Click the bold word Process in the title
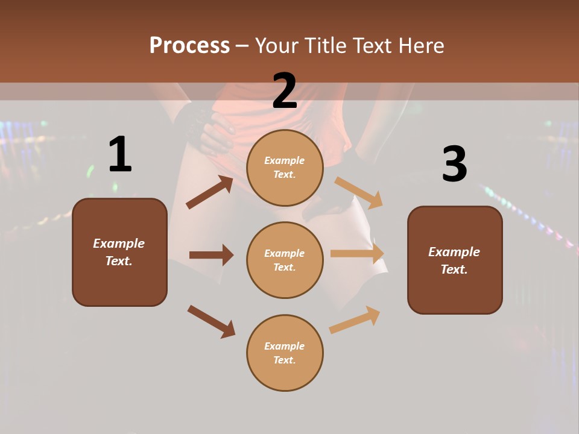(189, 45)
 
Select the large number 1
(120, 155)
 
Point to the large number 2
(285, 91)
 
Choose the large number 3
(454, 164)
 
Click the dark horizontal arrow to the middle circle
(211, 255)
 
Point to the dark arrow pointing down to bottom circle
(211, 321)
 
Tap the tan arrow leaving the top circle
(359, 192)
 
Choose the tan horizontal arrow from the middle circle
(357, 254)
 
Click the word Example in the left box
(119, 244)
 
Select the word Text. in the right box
(454, 269)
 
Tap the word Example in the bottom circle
(285, 346)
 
